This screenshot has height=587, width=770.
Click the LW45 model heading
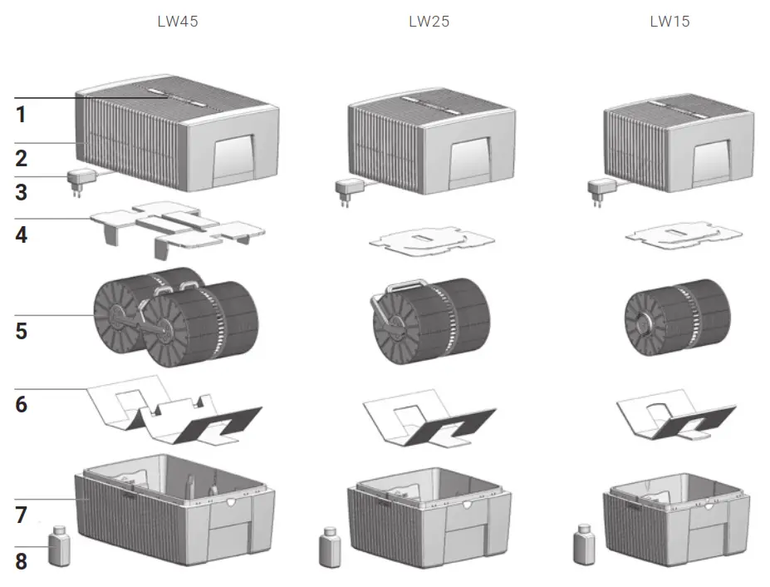point(178,22)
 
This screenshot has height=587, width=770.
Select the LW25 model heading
point(429,22)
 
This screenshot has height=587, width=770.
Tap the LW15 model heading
point(669,22)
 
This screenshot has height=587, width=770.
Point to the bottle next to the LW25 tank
point(330,548)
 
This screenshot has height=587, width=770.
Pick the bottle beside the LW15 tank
point(584,545)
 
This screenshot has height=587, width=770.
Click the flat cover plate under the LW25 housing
point(431,239)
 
